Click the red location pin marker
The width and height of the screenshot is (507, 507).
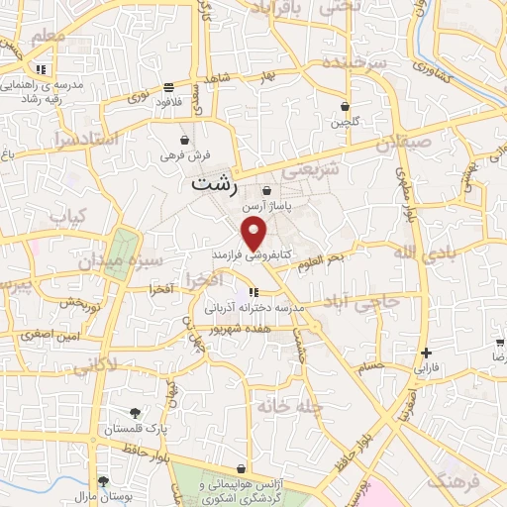tap(254, 235)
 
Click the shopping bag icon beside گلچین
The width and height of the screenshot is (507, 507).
tap(345, 107)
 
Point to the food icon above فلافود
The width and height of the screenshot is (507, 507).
tap(169, 87)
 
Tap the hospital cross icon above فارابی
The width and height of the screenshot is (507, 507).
tap(426, 353)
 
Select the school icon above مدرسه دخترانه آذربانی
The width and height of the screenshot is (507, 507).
tap(253, 292)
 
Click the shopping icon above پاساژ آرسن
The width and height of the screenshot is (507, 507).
tap(266, 191)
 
